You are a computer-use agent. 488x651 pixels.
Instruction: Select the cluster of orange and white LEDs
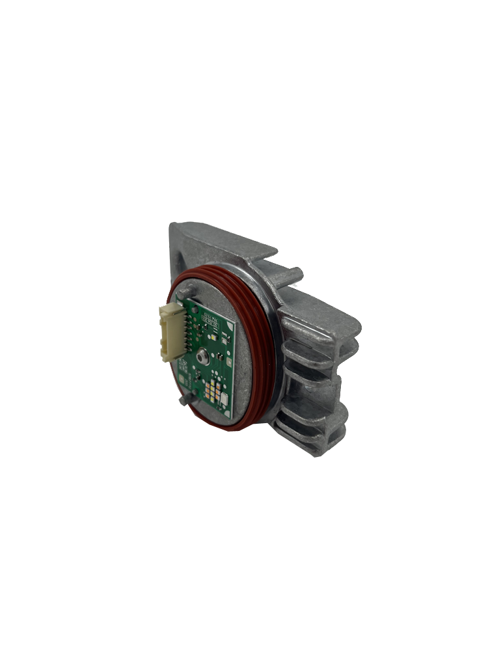point(213,391)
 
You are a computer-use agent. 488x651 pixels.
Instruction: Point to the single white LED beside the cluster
point(224,398)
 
